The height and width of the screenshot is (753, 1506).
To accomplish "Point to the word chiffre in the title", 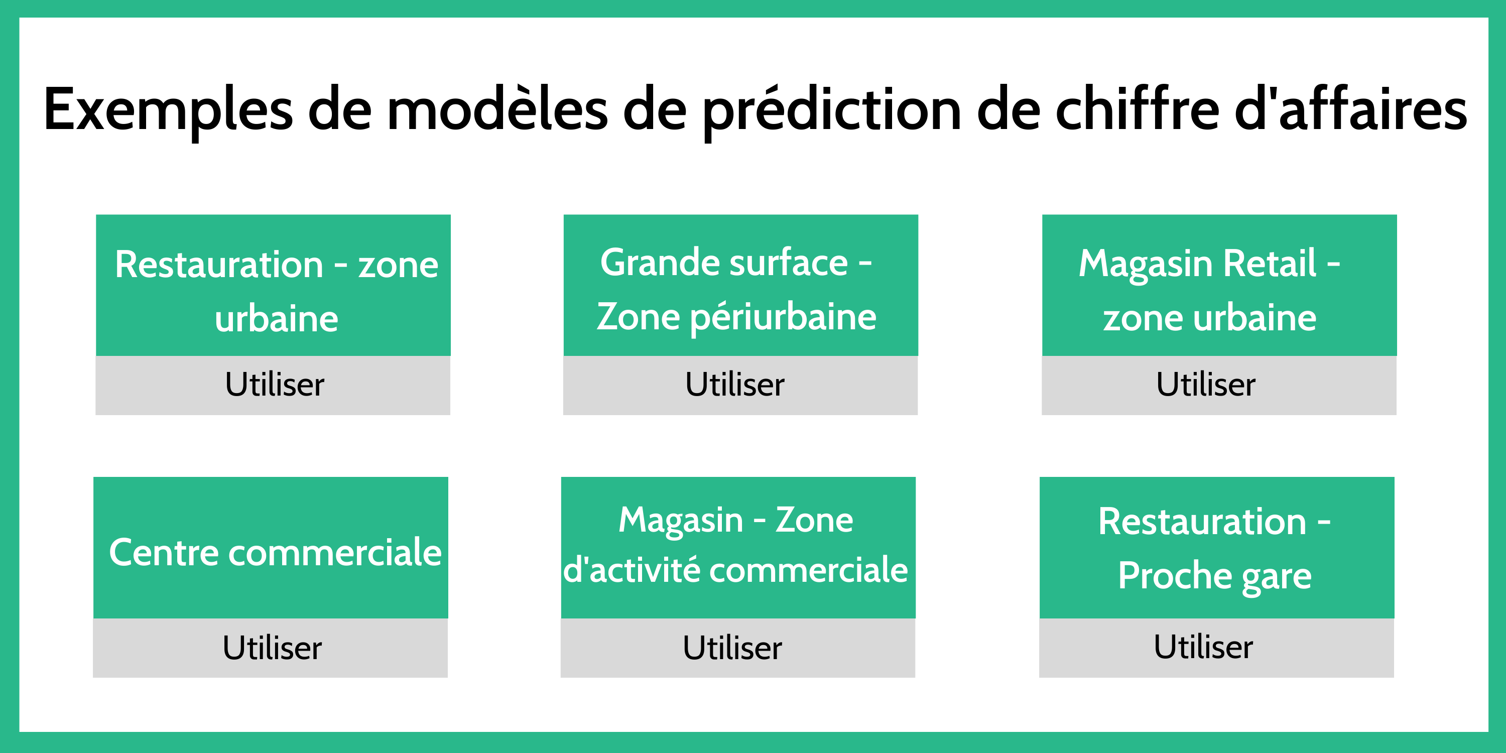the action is click(1137, 109).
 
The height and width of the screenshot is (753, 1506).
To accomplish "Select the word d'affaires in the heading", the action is click(1350, 109).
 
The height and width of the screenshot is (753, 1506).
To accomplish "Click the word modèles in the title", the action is click(497, 109).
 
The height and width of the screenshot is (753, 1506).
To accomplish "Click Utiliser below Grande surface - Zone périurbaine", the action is click(735, 384).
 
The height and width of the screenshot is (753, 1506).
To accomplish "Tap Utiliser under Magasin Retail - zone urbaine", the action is click(1205, 384).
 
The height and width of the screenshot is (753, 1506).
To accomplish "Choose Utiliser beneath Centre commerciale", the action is click(272, 647).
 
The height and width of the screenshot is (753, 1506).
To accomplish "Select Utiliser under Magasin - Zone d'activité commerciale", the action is click(732, 647).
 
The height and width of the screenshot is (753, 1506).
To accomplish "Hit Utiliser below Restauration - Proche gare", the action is click(1203, 647).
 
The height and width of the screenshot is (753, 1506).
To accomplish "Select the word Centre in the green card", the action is click(164, 553).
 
